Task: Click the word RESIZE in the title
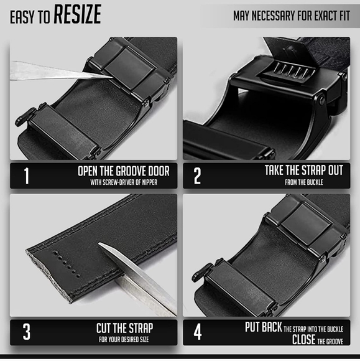[x=77, y=14]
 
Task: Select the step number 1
[x=26, y=176]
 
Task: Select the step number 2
[x=197, y=176]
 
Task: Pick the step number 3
[x=26, y=332]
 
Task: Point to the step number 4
[x=197, y=332]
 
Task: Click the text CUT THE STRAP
[x=124, y=327]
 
